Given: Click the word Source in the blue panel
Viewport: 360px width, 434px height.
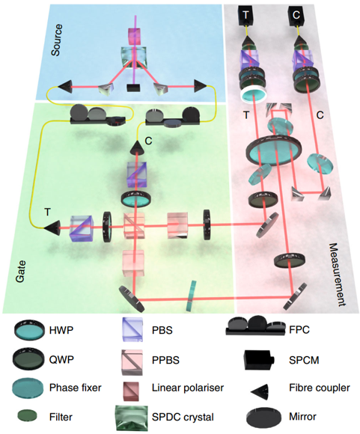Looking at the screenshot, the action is pos(57,40).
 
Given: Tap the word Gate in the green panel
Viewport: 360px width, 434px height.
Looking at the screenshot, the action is pos(20,271).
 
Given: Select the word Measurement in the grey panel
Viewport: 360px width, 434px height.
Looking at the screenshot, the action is pos(338,275).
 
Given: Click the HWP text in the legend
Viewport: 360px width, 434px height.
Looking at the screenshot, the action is pos(61,330).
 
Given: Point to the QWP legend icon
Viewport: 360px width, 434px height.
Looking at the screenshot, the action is pos(29,359).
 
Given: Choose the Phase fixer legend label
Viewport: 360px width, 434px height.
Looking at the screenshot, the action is pos(76,388).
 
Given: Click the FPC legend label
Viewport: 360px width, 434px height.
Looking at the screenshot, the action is pos(299,330).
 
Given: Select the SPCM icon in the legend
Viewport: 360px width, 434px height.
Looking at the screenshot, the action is pos(259,359).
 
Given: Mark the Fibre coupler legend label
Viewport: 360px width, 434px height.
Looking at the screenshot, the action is pos(320,388).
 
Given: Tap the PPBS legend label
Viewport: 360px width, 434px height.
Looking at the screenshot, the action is pos(165,360).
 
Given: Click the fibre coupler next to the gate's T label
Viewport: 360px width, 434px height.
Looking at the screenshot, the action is pos(52,227).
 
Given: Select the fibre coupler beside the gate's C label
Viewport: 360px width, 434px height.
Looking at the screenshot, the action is pos(137,147).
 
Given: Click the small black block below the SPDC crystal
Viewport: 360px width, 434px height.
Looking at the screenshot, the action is pos(133,88).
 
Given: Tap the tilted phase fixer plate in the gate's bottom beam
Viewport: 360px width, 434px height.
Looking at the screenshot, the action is pos(191,296).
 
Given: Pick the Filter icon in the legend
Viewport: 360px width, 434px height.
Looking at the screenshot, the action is pos(27,415).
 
